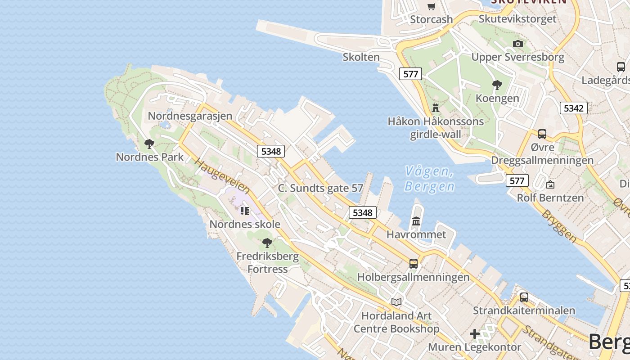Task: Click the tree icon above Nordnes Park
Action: (149, 144)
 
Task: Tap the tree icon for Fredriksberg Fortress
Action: (267, 243)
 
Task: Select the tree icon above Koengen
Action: (497, 85)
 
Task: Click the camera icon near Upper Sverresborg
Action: (518, 44)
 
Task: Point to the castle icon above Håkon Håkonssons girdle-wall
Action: (435, 108)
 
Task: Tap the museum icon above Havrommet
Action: (416, 221)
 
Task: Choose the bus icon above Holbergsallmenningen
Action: (414, 264)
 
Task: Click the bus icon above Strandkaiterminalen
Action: (524, 297)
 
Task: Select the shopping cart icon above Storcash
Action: (432, 6)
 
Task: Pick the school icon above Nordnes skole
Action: (245, 211)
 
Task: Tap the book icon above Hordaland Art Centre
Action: (396, 302)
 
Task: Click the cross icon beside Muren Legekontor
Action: (475, 334)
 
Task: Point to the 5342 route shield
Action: (574, 108)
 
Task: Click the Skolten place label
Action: (361, 57)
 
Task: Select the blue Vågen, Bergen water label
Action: (429, 179)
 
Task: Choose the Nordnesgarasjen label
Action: (190, 116)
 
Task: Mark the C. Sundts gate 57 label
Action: (320, 188)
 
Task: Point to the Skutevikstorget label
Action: (517, 19)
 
